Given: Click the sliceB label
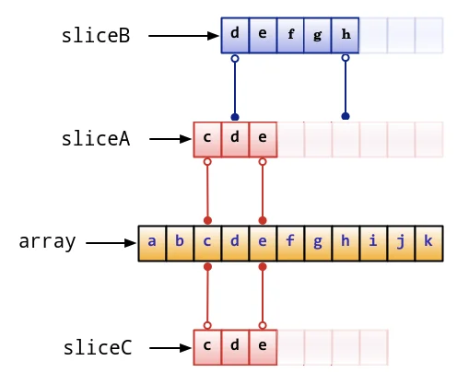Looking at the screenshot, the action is tap(96, 36).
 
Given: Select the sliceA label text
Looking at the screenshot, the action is tap(96, 139).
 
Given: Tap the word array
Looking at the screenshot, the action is tap(47, 242).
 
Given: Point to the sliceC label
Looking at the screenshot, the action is tap(98, 347).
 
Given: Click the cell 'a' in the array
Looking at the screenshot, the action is tap(152, 243).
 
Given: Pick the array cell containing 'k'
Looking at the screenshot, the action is tap(429, 243).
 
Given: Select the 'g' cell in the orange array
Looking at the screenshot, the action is tap(318, 243).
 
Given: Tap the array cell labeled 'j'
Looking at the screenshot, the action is tap(402, 243).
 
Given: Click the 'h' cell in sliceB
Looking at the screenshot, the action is tap(346, 35).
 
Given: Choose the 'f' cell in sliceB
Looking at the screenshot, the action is tap(290, 35).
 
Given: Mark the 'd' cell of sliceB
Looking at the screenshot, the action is tap(235, 35).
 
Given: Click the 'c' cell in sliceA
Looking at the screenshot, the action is tap(207, 140).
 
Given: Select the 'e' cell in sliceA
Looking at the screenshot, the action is tap(263, 140).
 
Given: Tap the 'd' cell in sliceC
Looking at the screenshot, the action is tap(235, 347).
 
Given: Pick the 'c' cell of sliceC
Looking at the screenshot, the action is tap(207, 347).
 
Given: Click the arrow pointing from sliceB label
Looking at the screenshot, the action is tap(183, 36).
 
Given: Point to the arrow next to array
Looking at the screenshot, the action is tap(111, 243).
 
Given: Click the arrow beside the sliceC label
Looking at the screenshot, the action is tap(170, 348).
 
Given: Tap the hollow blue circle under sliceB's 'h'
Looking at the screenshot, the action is tap(346, 58).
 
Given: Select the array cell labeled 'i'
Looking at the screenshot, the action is tap(374, 243).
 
